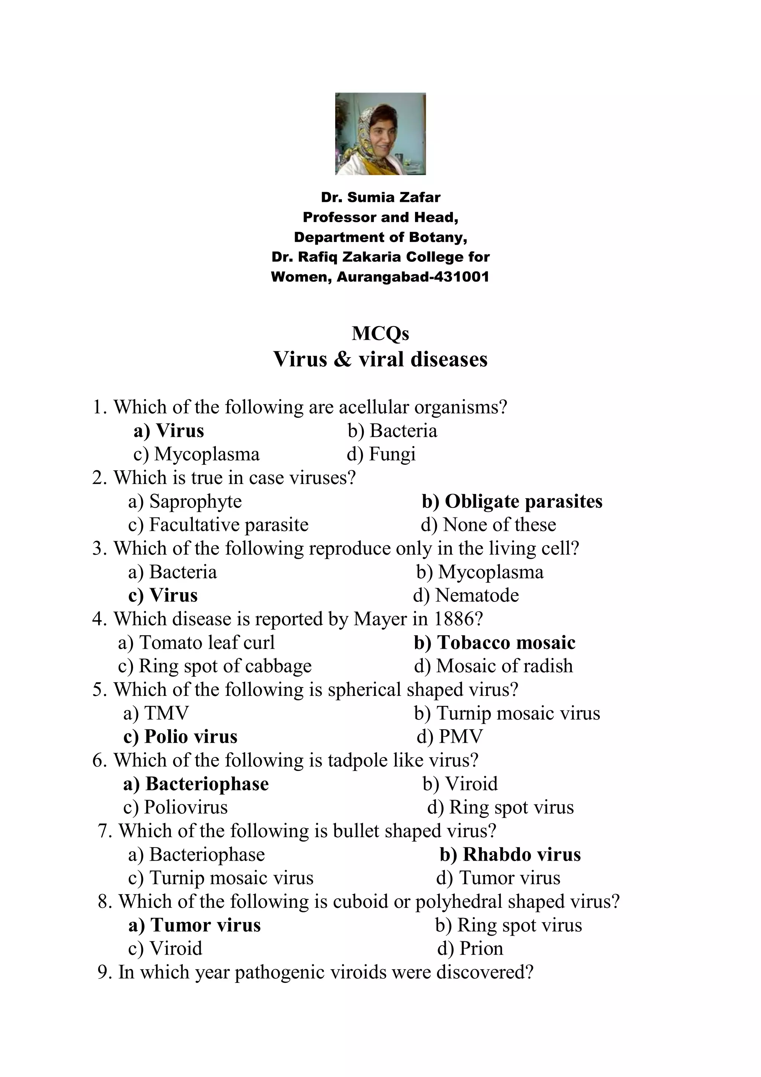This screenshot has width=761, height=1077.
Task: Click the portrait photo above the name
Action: click(380, 134)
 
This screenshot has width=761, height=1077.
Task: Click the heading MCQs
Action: click(380, 333)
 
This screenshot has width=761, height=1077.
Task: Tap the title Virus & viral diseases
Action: click(380, 360)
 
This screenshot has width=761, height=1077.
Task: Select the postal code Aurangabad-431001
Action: click(412, 277)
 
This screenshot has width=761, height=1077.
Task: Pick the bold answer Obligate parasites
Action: click(512, 502)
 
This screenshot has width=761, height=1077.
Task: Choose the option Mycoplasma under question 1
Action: click(197, 454)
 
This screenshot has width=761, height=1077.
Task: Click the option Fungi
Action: click(381, 454)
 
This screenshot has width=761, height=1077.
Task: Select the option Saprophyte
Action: click(185, 502)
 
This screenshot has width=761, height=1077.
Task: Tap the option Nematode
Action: click(466, 595)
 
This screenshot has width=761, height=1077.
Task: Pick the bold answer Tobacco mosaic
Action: click(495, 643)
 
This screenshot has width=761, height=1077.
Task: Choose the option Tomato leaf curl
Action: click(197, 643)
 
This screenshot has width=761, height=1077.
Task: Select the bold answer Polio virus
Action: click(181, 736)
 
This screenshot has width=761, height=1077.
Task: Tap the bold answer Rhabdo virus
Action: click(510, 854)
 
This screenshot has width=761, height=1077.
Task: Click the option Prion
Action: click(470, 948)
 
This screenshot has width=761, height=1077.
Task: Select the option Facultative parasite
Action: click(218, 525)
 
